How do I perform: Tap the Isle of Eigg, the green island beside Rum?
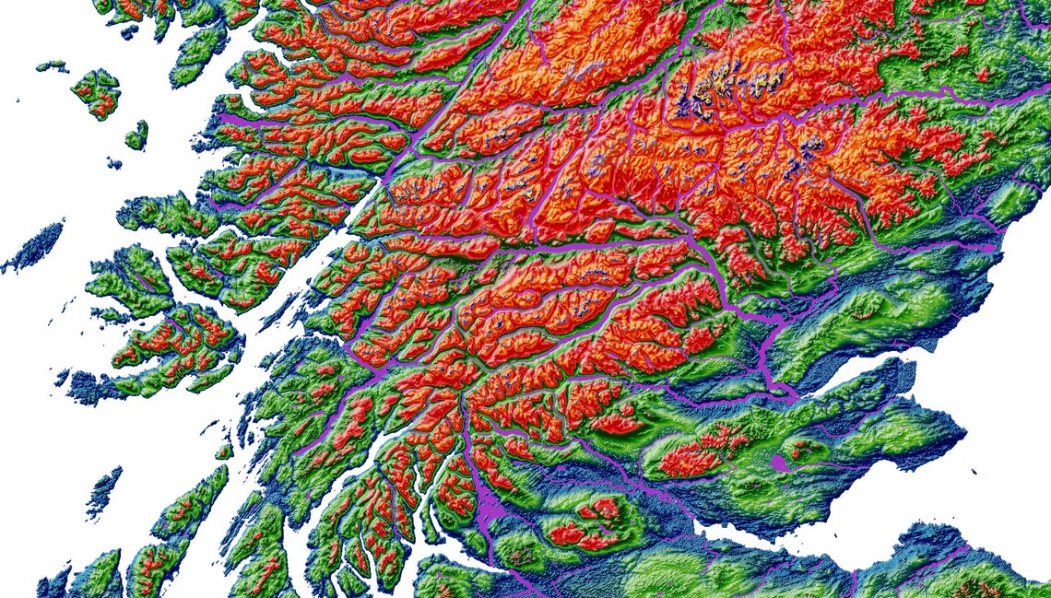pyautogui.click(x=136, y=136)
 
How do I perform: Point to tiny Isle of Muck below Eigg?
pyautogui.click(x=113, y=164)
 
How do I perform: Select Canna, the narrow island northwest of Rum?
pyautogui.click(x=52, y=65)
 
